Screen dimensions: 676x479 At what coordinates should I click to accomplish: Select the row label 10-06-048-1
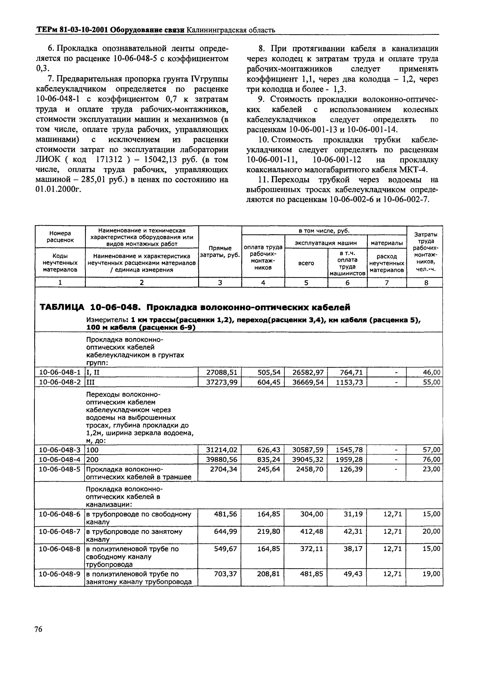click(x=60, y=372)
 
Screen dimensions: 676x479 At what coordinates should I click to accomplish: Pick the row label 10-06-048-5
click(x=60, y=469)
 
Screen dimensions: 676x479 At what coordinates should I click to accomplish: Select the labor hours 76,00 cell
click(x=431, y=459)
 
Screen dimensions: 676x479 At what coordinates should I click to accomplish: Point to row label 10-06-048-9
click(x=60, y=574)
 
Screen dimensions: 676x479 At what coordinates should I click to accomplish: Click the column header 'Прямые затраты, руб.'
click(x=220, y=251)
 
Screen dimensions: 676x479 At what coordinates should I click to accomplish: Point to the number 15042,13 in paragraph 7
click(x=159, y=160)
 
